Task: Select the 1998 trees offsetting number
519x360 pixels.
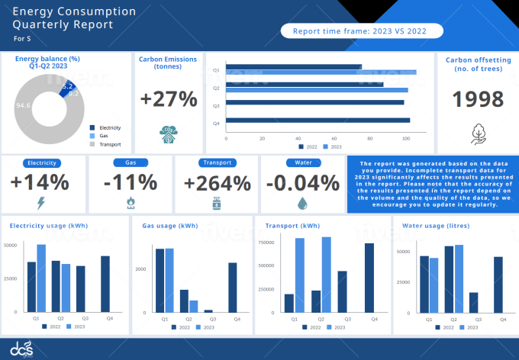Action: click(x=478, y=99)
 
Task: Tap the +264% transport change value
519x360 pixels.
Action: click(x=217, y=183)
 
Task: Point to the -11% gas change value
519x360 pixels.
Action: click(x=131, y=183)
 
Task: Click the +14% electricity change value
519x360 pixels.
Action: click(x=40, y=183)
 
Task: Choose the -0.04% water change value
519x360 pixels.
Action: click(x=303, y=183)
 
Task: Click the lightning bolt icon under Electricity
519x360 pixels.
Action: click(x=40, y=203)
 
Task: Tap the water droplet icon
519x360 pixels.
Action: click(x=303, y=203)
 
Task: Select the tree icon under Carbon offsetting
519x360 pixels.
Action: click(x=478, y=133)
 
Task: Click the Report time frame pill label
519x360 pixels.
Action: click(x=359, y=31)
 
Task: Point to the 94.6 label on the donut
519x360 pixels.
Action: click(x=23, y=105)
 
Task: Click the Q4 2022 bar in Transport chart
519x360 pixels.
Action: click(x=369, y=278)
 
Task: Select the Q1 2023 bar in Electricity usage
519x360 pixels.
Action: click(x=41, y=278)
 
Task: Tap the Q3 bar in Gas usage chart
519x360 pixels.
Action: click(x=208, y=310)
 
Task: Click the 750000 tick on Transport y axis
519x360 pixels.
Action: click(x=266, y=243)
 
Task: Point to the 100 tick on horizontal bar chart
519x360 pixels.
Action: click(x=406, y=139)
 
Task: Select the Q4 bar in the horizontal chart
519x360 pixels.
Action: click(x=318, y=120)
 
